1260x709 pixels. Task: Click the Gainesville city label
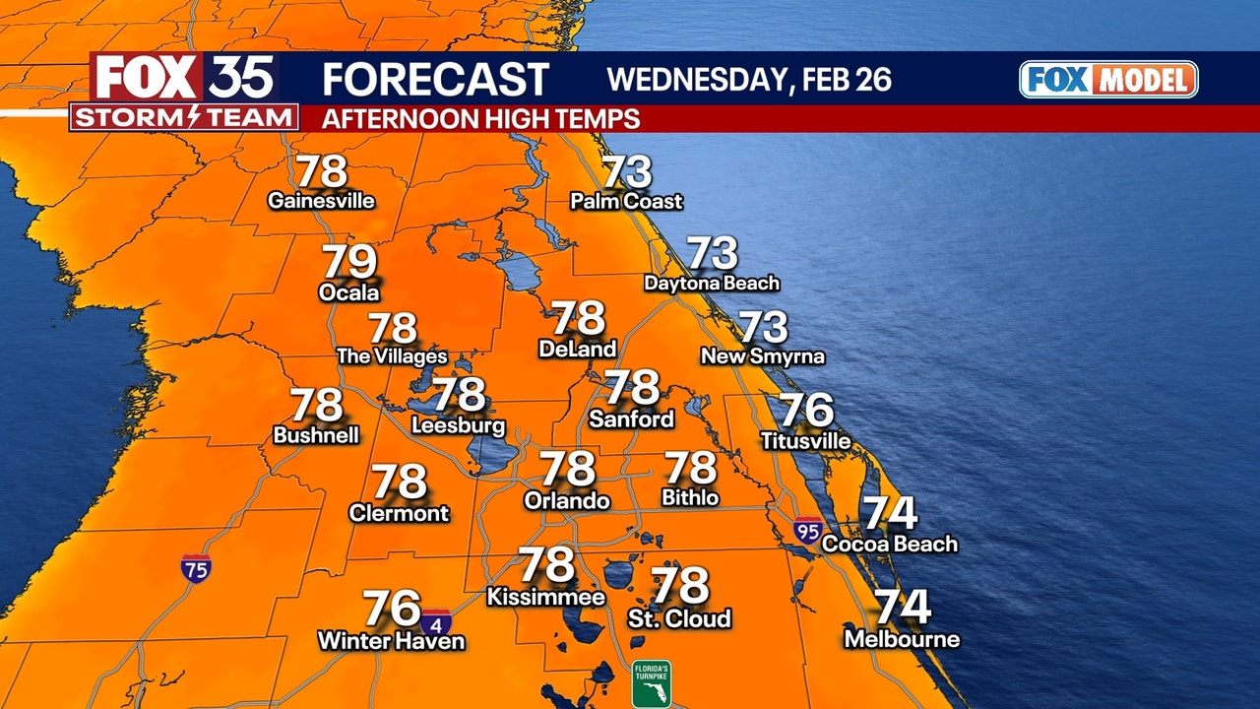pos(321,201)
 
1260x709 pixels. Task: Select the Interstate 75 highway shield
pos(195,567)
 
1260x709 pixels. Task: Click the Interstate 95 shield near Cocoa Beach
pos(809,530)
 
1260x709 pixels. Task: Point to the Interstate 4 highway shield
pos(436,622)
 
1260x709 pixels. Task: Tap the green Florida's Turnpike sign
pos(652,683)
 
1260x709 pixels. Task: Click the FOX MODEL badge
pos(1108,80)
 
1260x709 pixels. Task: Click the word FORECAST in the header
pos(435,79)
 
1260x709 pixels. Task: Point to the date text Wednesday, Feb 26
pos(749,79)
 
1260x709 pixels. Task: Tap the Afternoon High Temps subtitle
pos(481,119)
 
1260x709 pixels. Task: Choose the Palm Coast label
pos(626,201)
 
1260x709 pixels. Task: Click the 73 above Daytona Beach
pos(712,253)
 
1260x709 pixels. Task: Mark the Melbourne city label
pos(902,639)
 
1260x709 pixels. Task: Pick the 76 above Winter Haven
pos(392,609)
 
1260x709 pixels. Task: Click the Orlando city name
pos(567,500)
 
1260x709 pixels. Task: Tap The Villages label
pos(392,356)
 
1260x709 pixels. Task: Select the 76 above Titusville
pos(806,411)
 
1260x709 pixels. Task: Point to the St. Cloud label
pos(679,618)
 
